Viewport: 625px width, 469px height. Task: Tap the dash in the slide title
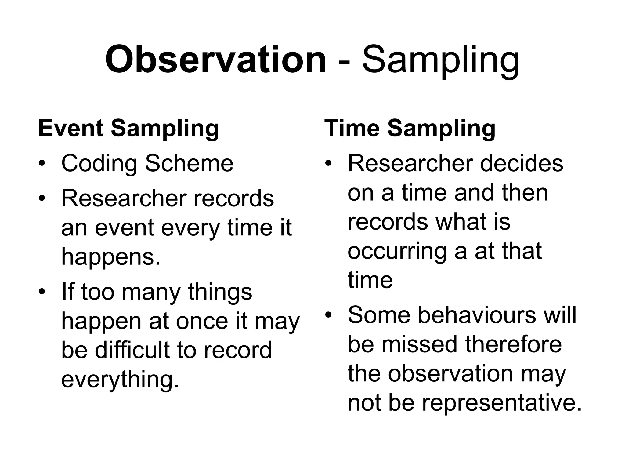344,63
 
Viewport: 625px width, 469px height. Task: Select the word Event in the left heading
71,128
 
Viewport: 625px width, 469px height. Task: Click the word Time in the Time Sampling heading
352,128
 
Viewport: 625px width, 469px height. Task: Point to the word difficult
133,349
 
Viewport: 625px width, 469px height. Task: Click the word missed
420,344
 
